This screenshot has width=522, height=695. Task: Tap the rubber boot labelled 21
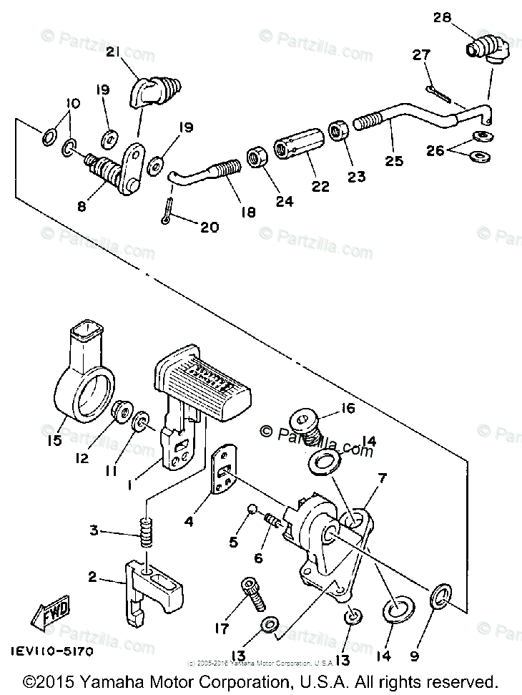click(157, 92)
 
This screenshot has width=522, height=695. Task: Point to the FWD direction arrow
click(48, 615)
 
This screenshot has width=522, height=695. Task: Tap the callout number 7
click(382, 477)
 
